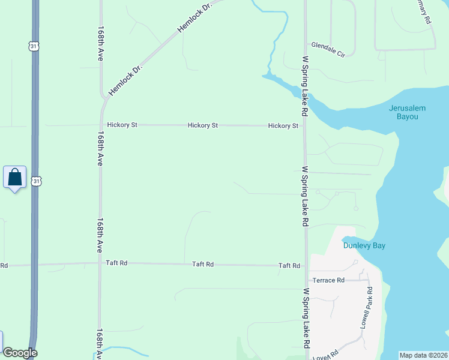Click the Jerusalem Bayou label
[407, 112]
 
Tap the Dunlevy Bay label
[364, 245]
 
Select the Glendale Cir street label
[328, 49]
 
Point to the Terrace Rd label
[328, 280]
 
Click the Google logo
[20, 353]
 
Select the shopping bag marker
[15, 178]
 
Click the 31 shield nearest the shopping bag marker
[36, 181]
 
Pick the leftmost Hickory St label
[122, 125]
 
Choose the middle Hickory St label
[202, 125]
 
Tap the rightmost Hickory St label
[283, 126]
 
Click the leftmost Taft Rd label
[116, 263]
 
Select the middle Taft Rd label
[203, 264]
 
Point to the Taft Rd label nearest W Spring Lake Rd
[289, 265]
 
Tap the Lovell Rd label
[325, 354]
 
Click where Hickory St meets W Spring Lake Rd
[305, 126]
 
